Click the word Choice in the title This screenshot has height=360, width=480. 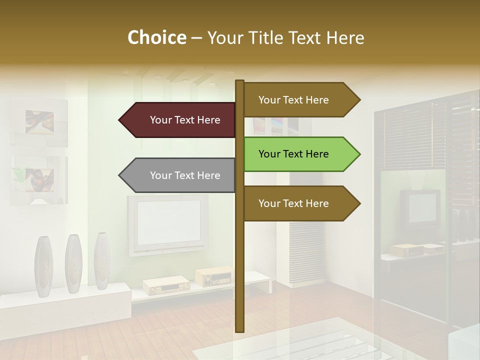(x=156, y=37)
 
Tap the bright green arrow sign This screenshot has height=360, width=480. (x=300, y=154)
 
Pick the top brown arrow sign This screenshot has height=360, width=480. (x=300, y=100)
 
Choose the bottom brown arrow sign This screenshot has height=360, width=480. (x=300, y=203)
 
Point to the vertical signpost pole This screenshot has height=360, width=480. (x=239, y=260)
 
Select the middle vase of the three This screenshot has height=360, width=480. (x=73, y=263)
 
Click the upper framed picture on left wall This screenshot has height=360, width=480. (x=39, y=122)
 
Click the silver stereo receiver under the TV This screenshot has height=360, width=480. (x=166, y=285)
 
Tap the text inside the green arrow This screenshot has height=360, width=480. (x=293, y=154)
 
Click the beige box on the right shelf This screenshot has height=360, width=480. (x=406, y=249)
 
